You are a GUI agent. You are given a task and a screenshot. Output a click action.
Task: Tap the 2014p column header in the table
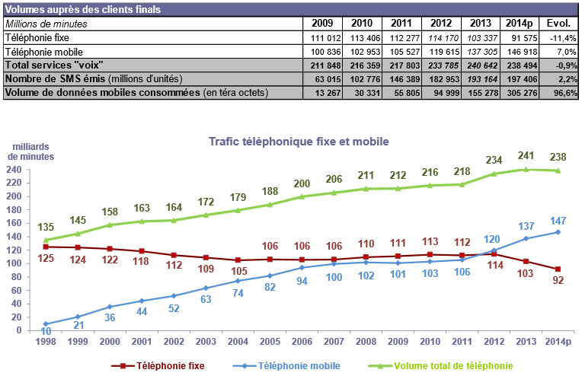point(522,24)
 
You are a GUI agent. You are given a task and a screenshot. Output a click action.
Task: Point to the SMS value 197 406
point(522,79)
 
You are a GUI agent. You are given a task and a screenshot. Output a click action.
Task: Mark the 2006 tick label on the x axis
point(302,342)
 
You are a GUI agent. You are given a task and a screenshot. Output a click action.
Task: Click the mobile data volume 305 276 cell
point(522,93)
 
